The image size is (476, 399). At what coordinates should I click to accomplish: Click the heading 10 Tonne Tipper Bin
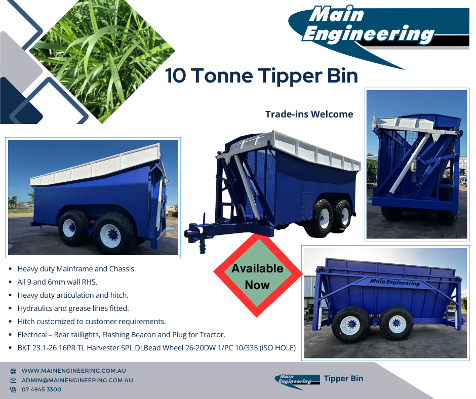tap(261, 76)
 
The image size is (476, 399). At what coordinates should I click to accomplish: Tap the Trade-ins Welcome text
tap(309, 114)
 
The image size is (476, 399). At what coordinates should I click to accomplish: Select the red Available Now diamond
tap(257, 276)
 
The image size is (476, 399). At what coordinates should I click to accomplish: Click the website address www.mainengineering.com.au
tap(73, 371)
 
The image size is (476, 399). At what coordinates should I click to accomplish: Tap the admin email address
tap(77, 380)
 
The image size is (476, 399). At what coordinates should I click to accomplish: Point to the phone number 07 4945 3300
tap(42, 389)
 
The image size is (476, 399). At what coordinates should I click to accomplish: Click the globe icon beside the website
tap(13, 371)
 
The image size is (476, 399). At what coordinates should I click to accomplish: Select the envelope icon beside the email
tap(13, 380)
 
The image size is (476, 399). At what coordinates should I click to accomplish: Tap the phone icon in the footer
tap(13, 389)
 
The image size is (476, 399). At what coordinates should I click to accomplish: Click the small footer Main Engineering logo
tap(297, 379)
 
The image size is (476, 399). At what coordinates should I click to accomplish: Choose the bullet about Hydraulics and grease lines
tap(73, 308)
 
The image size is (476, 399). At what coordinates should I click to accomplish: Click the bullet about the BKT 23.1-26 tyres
tap(156, 347)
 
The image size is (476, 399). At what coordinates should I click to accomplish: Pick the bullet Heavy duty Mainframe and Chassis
tap(76, 269)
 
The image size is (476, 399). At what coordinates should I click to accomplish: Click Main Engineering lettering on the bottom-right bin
tap(394, 282)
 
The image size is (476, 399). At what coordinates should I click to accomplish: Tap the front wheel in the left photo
tap(113, 233)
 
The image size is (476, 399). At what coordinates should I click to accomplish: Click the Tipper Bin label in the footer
tap(343, 378)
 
